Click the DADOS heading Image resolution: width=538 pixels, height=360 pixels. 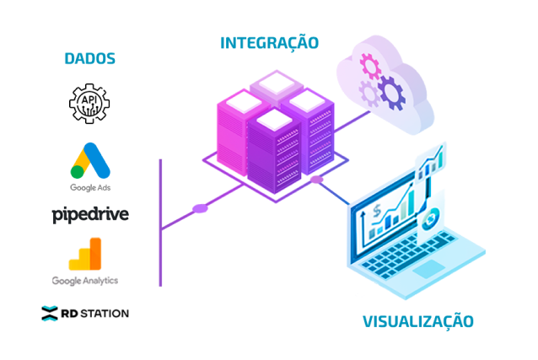(x=90, y=59)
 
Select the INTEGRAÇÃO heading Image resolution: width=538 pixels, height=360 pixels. (x=269, y=42)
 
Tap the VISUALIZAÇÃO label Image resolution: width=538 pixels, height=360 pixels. (x=418, y=321)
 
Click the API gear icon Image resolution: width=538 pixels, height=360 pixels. (x=89, y=104)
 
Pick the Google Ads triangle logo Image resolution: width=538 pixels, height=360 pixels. (x=90, y=161)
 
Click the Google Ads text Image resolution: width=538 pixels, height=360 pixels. (x=90, y=188)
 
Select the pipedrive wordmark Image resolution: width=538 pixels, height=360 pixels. (x=90, y=215)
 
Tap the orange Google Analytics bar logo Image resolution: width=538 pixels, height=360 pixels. (x=85, y=254)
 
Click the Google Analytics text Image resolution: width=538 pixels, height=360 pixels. (x=85, y=281)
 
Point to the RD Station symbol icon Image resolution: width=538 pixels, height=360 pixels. (x=50, y=313)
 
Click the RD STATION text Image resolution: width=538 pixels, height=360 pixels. (x=95, y=314)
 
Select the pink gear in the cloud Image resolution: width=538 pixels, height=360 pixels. (x=370, y=65)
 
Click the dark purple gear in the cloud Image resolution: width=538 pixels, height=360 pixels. (x=391, y=93)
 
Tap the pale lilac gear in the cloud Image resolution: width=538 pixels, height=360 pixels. (x=369, y=93)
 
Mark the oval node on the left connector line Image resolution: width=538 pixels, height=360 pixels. (x=201, y=208)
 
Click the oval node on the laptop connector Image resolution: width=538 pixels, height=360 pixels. (x=316, y=180)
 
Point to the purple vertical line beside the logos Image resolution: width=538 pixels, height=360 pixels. (x=160, y=223)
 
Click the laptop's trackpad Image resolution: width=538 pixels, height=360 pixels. (x=428, y=269)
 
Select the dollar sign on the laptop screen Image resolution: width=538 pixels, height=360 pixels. (x=377, y=211)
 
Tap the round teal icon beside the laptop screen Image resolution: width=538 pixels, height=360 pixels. (x=429, y=219)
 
